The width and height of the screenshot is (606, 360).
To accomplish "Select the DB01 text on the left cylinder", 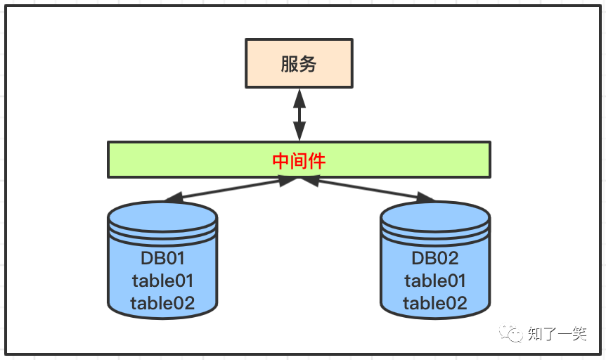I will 162,258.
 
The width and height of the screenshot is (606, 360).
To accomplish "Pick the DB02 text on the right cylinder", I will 434,258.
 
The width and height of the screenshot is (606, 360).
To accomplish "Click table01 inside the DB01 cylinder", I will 162,281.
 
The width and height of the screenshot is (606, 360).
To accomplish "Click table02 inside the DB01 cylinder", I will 162,303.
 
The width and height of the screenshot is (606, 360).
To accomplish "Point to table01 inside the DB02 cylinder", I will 434,281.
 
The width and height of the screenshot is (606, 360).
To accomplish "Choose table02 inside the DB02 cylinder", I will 434,303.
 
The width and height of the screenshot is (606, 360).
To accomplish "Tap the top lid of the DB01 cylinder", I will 162,213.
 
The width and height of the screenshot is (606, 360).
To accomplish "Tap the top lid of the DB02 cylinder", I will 434,213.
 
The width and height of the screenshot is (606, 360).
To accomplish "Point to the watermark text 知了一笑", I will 557,333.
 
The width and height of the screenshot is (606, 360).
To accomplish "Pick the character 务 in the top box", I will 308,65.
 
